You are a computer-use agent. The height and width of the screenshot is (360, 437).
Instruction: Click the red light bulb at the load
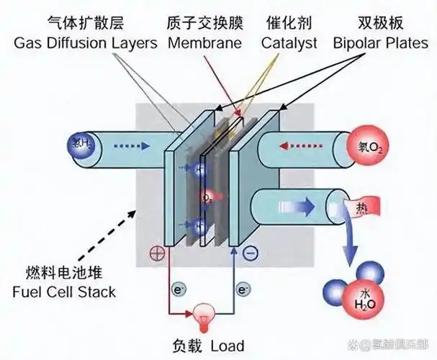pyautogui.click(x=204, y=316)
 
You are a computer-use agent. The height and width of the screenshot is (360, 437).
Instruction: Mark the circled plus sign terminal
pyautogui.click(x=155, y=253)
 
